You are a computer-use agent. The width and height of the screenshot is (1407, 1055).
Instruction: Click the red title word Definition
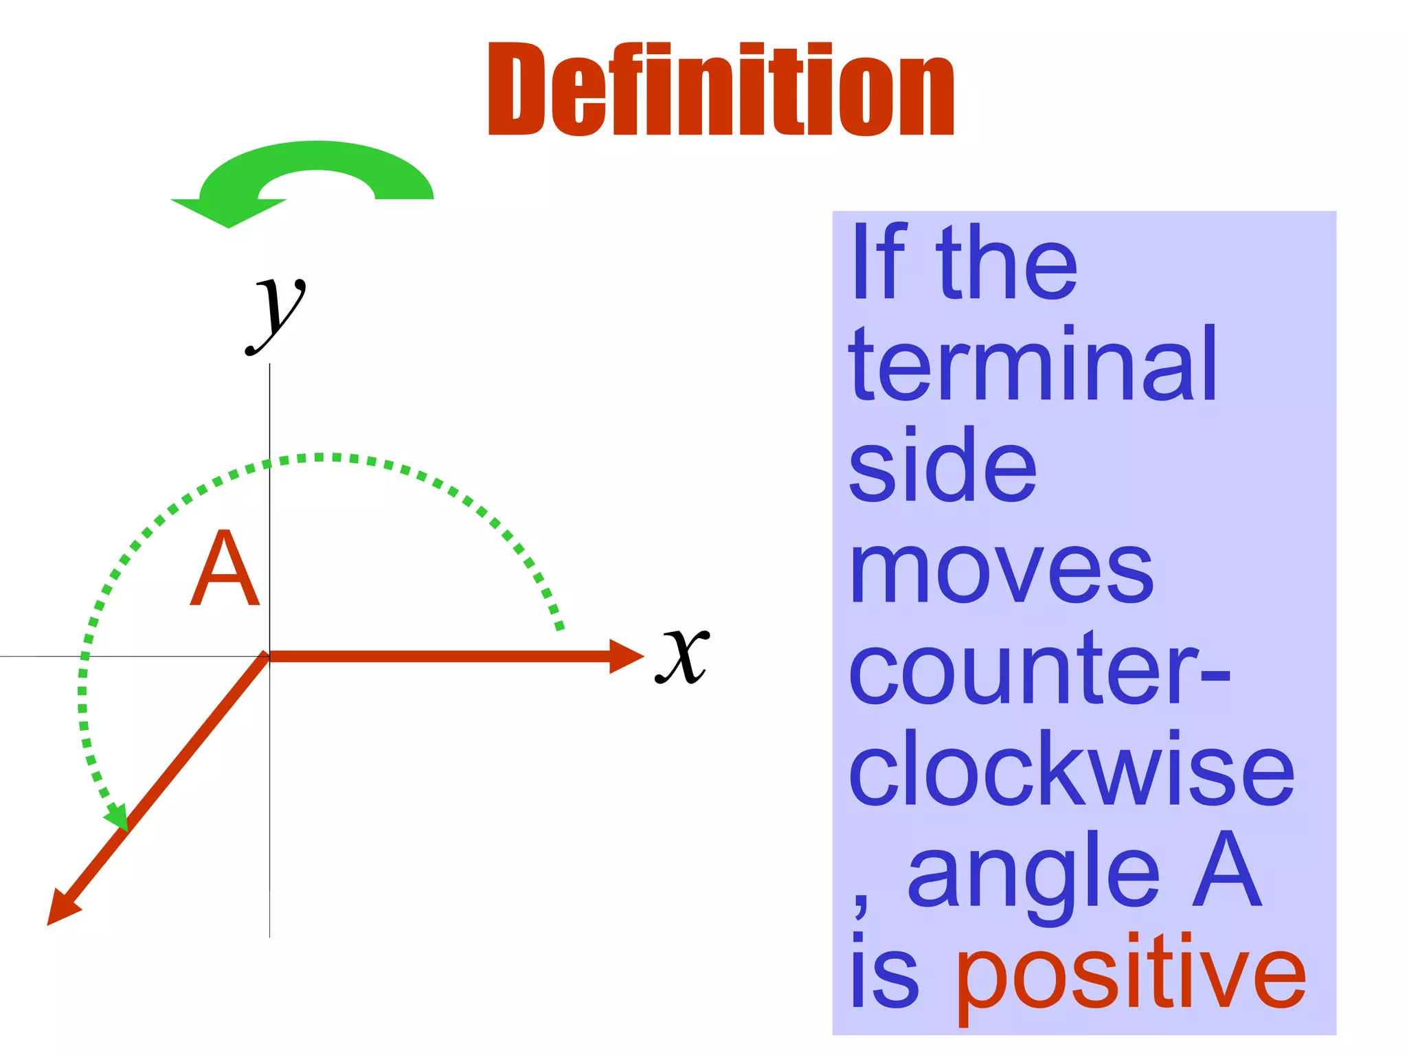pos(721,89)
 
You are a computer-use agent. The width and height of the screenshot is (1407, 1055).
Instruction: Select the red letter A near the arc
pos(225,569)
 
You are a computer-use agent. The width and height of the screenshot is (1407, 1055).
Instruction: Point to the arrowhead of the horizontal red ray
pos(625,657)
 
